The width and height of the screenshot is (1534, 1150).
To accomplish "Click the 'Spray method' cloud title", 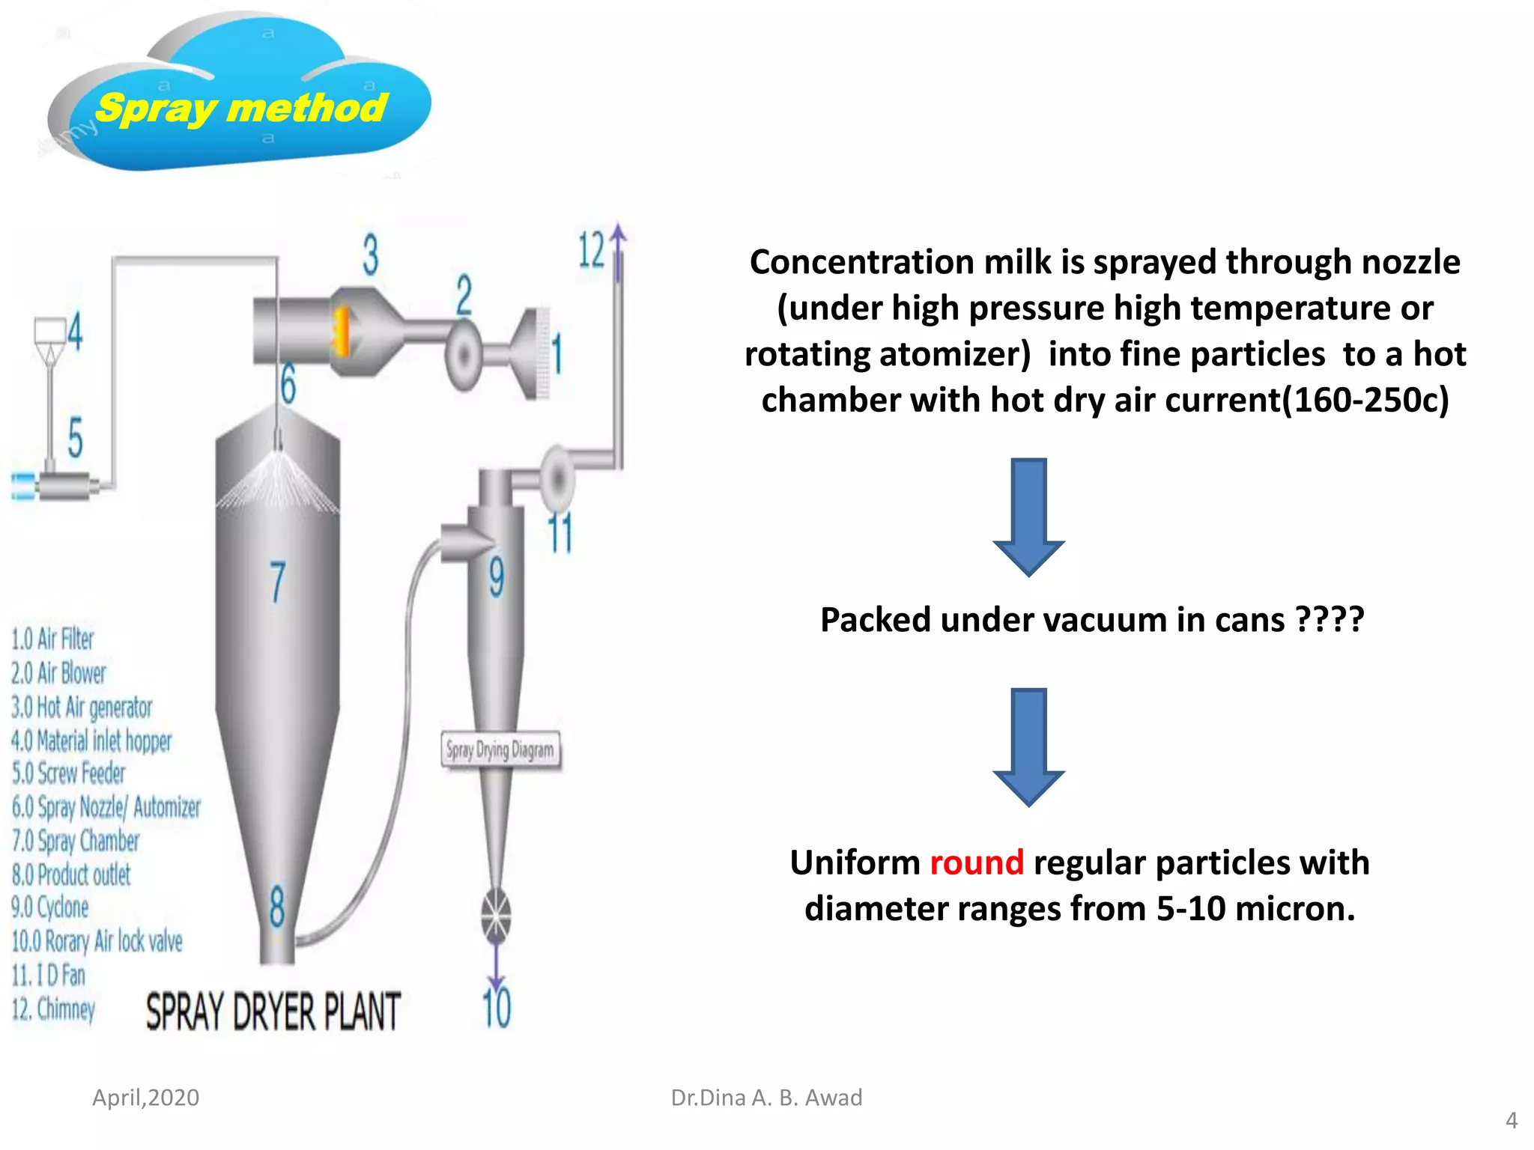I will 241,108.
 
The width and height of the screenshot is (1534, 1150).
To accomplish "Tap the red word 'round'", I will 976,862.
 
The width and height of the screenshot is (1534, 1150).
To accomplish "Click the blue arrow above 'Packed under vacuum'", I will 1028,517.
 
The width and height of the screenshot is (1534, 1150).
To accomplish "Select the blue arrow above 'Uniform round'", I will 1028,746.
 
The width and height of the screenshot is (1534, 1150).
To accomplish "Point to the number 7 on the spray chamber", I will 278,582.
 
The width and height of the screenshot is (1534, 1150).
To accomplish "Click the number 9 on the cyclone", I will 496,577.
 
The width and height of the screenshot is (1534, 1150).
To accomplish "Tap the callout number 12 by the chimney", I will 591,250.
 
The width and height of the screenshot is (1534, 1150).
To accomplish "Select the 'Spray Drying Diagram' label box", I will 500,749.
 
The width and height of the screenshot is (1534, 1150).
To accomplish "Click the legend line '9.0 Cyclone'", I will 50,907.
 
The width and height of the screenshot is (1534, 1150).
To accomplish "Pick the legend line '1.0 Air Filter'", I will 52,639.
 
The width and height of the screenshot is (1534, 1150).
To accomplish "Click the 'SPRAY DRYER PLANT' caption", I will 273,1011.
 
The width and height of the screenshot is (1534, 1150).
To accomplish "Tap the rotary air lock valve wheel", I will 495,916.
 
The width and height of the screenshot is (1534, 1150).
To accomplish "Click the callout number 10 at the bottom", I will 496,1008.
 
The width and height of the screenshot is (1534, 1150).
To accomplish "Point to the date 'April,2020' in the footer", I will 145,1098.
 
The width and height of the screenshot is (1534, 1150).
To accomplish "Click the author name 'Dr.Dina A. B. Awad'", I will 766,1098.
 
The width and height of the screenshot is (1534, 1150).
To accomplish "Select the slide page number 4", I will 1511,1121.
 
